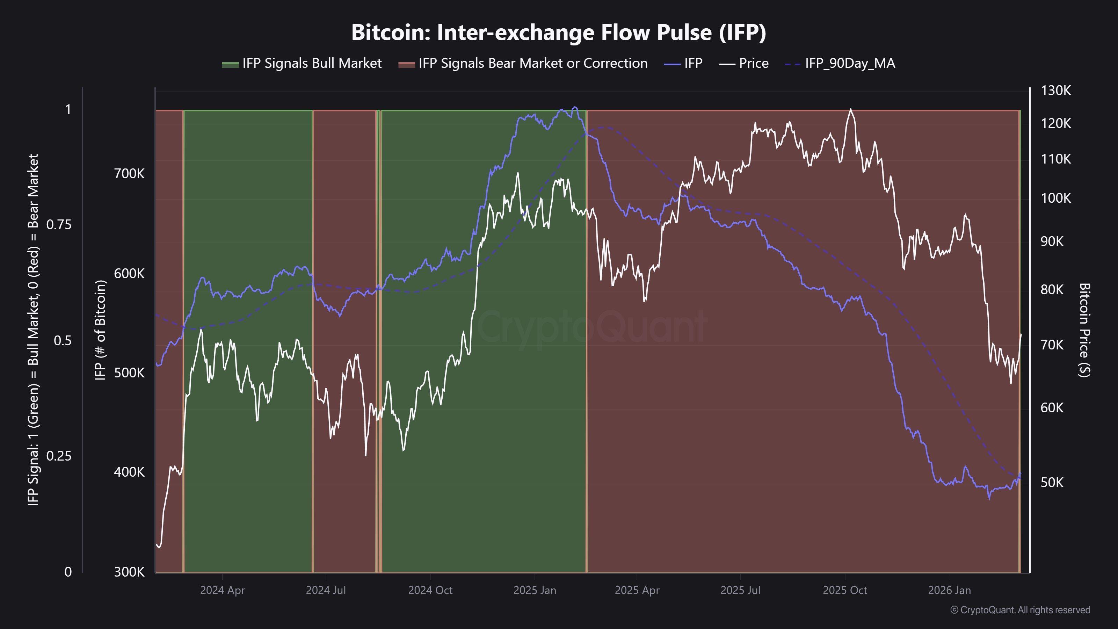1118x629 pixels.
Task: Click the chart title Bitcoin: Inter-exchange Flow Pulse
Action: (559, 32)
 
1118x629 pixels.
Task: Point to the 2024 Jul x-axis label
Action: (326, 590)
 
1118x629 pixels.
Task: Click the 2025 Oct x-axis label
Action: (844, 590)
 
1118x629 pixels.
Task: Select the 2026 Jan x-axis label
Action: (949, 590)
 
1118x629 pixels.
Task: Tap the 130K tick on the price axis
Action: (1055, 91)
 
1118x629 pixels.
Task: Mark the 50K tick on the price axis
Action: (1052, 483)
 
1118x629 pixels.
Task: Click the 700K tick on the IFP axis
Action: (129, 174)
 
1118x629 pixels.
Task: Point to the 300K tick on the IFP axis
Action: (129, 572)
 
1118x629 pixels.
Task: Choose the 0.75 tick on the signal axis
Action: (59, 224)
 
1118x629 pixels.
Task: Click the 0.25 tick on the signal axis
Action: (59, 456)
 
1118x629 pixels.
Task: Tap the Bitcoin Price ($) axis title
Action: (1084, 330)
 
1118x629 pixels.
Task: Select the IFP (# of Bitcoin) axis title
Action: (100, 330)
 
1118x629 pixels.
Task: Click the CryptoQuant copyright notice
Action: (1020, 610)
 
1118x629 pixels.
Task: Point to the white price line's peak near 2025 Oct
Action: (850, 109)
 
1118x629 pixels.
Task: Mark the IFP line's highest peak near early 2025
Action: (575, 107)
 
